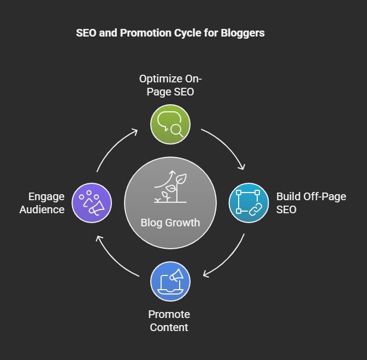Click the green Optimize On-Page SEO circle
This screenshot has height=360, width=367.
coord(170,124)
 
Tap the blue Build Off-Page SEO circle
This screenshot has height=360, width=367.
coord(248,203)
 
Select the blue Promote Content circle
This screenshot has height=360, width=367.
coord(170,281)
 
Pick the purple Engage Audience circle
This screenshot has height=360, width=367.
coord(92,203)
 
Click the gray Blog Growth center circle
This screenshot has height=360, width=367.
coord(170,203)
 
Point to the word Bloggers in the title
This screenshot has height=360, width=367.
coord(242,33)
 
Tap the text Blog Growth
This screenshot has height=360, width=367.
coord(170,223)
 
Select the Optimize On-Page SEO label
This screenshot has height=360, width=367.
coord(170,85)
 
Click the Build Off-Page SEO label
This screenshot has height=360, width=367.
coord(311,203)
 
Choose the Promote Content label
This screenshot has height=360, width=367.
coord(169,321)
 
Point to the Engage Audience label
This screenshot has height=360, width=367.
coord(42,203)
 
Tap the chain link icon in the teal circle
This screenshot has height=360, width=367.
coord(256,209)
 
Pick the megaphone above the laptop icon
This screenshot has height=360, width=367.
coord(176,275)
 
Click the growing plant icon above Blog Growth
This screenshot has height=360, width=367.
coord(170,187)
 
